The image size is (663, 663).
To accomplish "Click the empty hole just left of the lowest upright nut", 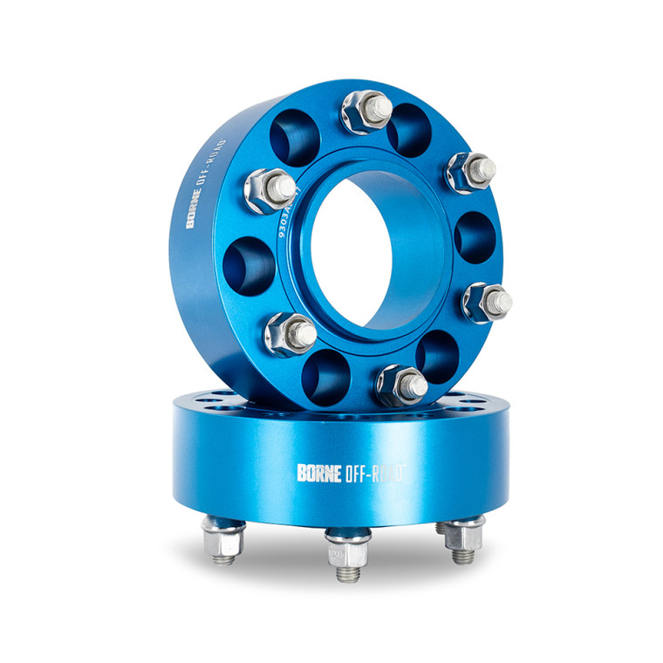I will click(x=330, y=373).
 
